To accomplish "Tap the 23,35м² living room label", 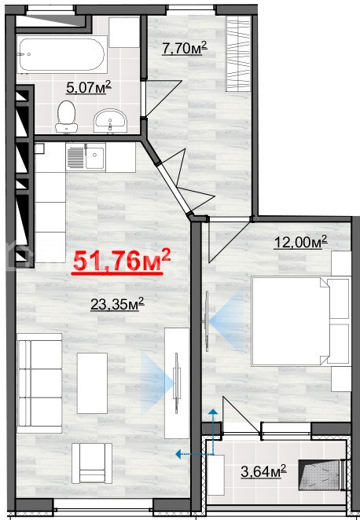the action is click(117, 304).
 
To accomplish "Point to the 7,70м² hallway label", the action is click(185, 48).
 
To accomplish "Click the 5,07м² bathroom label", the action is click(89, 87).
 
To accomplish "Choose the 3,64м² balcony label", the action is click(263, 471).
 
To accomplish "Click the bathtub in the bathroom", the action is click(62, 55).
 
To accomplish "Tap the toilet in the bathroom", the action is click(66, 117).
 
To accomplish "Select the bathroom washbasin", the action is click(110, 121).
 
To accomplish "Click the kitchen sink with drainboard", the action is click(86, 157).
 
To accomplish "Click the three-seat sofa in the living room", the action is click(39, 383).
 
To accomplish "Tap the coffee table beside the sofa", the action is click(92, 383).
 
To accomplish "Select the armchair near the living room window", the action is click(92, 463).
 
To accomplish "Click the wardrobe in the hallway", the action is click(238, 53).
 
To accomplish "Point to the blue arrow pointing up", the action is click(213, 431).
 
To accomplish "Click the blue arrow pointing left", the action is click(194, 454).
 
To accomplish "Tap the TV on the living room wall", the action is click(177, 383).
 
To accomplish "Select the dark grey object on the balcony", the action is click(319, 475).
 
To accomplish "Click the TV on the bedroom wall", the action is click(207, 321).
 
